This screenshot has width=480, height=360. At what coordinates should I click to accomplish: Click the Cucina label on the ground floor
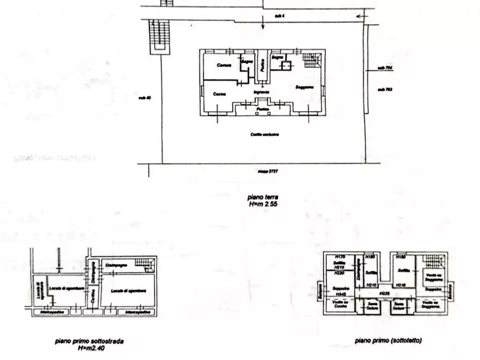219,94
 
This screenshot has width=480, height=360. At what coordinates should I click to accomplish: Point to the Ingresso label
262,92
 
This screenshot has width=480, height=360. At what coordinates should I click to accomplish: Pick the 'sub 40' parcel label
144,98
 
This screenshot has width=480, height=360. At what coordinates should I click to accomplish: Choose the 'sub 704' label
385,68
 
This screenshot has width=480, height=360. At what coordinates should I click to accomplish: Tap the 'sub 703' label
385,89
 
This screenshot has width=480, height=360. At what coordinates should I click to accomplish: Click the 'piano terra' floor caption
263,198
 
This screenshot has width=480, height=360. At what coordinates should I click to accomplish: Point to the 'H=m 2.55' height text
263,204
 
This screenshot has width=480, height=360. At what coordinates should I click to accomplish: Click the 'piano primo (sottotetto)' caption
388,341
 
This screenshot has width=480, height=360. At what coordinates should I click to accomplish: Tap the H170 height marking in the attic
339,257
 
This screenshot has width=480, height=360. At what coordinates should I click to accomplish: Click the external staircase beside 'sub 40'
156,37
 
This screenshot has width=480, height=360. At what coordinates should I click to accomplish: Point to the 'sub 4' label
279,17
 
